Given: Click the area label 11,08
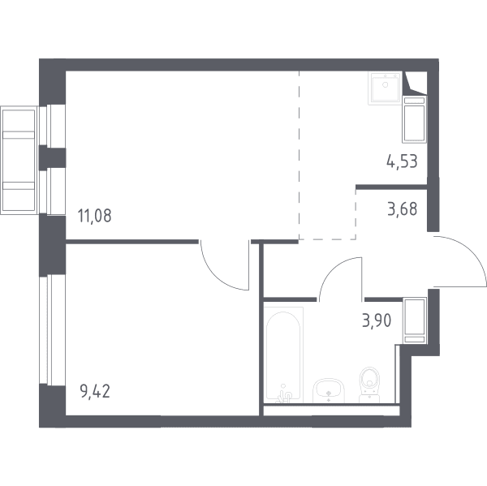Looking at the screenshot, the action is pos(94,216).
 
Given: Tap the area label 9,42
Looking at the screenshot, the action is pos(95,391).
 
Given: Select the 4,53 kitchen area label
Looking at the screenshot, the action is pos(402,161).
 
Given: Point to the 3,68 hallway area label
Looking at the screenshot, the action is pos(403,209).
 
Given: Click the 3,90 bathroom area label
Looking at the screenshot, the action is pos(377,320).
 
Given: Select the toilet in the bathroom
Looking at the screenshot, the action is pos(369,385).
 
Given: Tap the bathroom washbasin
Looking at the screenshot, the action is pos(329,390).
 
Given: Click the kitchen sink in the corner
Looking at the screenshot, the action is pos(385,88).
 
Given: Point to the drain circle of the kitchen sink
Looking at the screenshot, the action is pos(386,84).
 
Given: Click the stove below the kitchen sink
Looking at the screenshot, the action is pos(414,119).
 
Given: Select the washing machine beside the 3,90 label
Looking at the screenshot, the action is pos(415,320).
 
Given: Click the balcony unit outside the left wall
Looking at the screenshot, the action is pos(19,161).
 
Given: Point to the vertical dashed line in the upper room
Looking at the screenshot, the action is pos(299,155).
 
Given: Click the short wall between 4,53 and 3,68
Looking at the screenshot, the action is pos(391,187).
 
